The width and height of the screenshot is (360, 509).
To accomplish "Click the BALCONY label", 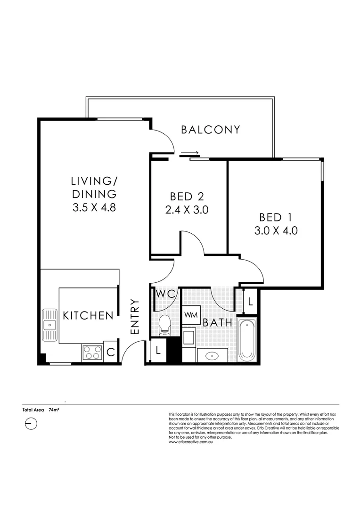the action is (210, 130).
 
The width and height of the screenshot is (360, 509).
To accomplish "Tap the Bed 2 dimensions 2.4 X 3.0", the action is (187, 210).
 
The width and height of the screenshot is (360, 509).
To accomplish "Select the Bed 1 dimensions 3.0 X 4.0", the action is (276, 230).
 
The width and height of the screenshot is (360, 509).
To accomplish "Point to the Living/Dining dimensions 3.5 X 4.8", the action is (94, 207).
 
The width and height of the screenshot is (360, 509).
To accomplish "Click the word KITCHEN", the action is (88, 315).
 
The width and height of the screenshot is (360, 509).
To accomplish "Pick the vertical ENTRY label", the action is (134, 317).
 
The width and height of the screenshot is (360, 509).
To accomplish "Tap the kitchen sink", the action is (49, 325).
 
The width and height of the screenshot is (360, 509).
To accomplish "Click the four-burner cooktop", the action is (92, 353).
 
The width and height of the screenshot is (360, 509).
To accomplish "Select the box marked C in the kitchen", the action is (110, 352).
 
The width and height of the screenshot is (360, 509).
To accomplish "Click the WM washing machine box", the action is (191, 315).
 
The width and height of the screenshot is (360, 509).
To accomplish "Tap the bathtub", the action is (247, 340).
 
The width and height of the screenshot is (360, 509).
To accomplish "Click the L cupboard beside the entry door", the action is (158, 350).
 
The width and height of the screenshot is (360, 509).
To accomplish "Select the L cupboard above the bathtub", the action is (250, 301).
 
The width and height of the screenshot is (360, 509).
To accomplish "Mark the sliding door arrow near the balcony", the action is (189, 152).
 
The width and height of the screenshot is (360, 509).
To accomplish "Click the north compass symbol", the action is (31, 424).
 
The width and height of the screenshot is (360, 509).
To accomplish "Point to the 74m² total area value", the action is (54, 410).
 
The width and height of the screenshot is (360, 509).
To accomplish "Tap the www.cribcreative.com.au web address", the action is (190, 442).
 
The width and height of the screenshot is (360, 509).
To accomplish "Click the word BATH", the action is (218, 323).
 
